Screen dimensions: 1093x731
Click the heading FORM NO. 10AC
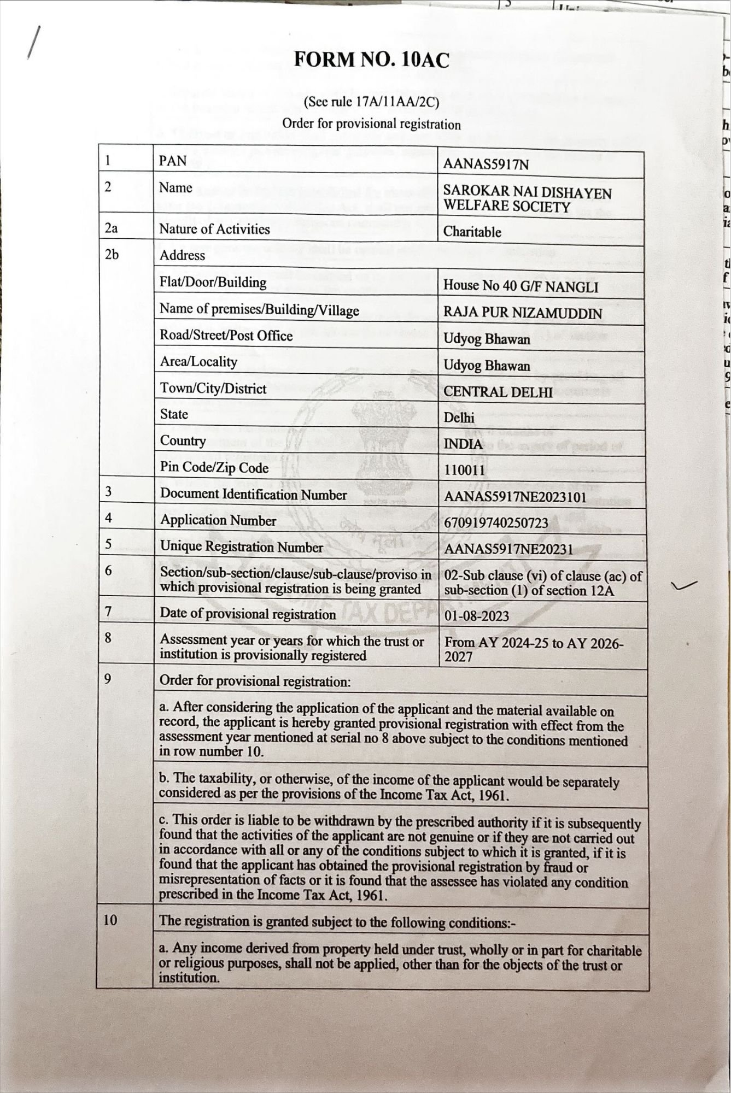(x=371, y=60)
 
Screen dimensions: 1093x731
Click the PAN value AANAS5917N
(x=486, y=164)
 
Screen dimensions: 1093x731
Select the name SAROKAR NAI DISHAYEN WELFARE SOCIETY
(x=527, y=199)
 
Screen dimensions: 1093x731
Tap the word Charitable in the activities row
(x=472, y=232)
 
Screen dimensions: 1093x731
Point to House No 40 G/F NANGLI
(x=521, y=286)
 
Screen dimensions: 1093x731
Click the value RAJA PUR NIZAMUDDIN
(x=522, y=313)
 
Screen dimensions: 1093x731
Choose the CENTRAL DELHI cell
(x=498, y=392)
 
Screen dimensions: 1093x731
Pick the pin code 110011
(x=464, y=470)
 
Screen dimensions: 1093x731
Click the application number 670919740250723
(x=496, y=523)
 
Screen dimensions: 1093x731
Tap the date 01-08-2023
(x=476, y=616)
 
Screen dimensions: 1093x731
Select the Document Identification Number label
(x=253, y=495)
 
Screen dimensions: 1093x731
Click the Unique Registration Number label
(x=241, y=547)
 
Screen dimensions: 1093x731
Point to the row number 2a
(x=111, y=228)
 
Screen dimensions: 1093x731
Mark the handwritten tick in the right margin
(x=684, y=586)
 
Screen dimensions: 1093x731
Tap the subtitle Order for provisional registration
(x=371, y=124)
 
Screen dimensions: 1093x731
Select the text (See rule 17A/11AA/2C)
(x=371, y=102)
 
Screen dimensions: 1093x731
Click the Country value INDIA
(x=463, y=444)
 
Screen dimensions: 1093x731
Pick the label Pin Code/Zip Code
(x=214, y=468)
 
